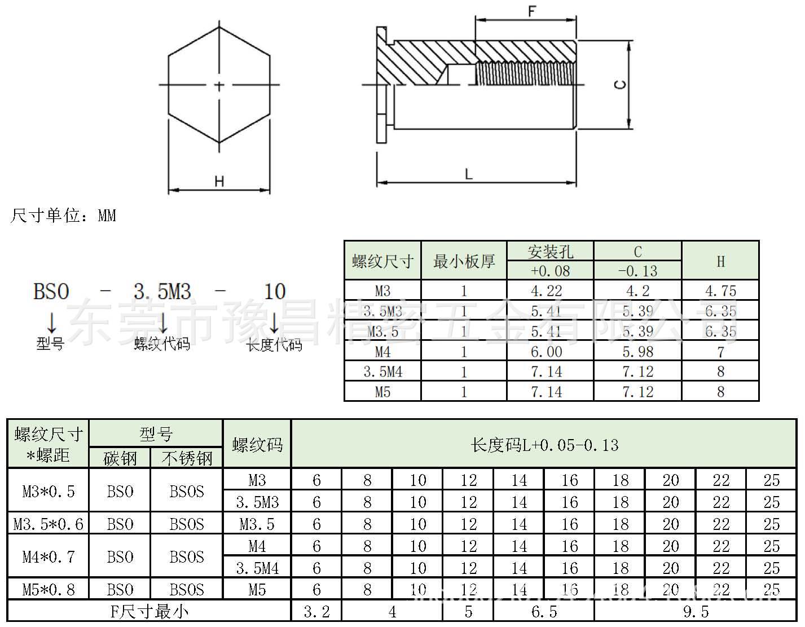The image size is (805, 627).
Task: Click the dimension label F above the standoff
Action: [531, 11]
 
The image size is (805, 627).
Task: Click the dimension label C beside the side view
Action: [619, 85]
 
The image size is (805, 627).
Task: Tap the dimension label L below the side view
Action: [468, 174]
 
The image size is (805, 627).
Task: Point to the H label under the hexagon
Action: [219, 181]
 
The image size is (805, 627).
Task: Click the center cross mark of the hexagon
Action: [219, 85]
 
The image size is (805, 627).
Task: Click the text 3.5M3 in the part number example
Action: [162, 292]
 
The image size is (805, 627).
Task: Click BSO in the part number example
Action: [51, 292]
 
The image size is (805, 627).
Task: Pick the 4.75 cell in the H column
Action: [720, 291]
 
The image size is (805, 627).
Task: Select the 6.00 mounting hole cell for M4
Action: [546, 352]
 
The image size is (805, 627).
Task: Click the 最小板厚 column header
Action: [464, 261]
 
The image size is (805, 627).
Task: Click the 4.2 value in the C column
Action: [637, 291]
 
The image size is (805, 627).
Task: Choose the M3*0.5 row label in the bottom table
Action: [49, 491]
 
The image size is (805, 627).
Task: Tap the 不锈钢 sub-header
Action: [187, 458]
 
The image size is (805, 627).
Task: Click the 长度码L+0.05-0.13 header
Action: [544, 445]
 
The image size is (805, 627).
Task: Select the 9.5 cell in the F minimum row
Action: [695, 612]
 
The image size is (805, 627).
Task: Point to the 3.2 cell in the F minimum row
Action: [316, 612]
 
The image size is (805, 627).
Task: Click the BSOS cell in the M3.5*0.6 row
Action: [187, 524]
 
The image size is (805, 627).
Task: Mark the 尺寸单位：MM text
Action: [63, 216]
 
